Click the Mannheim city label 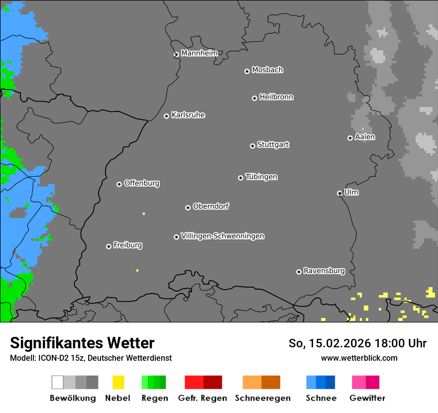point(199,53)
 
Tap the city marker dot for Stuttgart point(252,146)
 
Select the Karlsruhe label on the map point(188,115)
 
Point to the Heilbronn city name point(276,97)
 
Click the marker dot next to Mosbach point(247,71)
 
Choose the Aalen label point(365,137)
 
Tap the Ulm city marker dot point(339,193)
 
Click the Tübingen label point(261,177)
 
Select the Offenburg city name point(141,183)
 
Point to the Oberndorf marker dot point(188,207)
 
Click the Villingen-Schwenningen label point(222,236)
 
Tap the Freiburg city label point(127,245)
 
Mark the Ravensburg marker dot point(299,272)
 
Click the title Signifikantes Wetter point(82,343)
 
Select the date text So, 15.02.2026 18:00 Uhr point(357,343)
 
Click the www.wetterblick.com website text point(359,358)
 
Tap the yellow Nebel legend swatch point(118,382)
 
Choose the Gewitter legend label point(367,398)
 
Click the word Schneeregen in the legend point(262,398)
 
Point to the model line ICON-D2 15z point(91,358)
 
